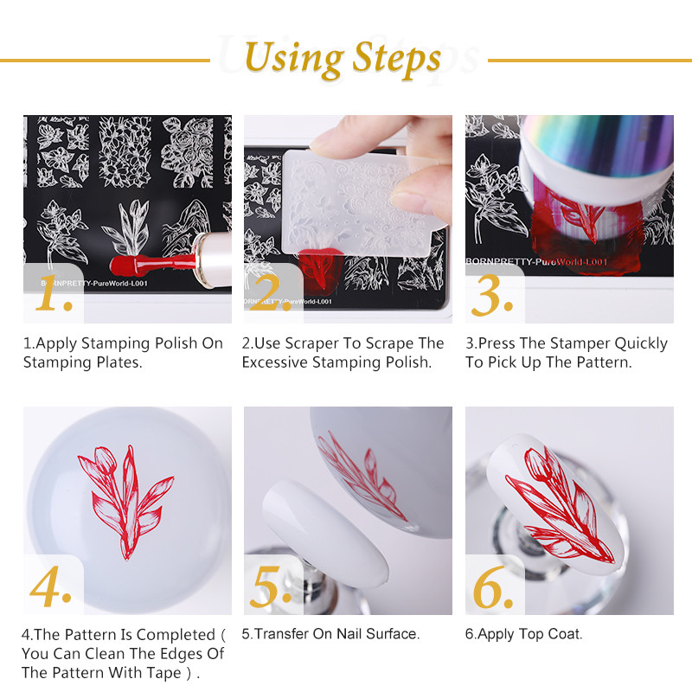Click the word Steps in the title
point(396,59)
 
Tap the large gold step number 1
point(56,296)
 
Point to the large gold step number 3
point(492,296)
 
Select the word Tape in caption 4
point(155,673)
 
